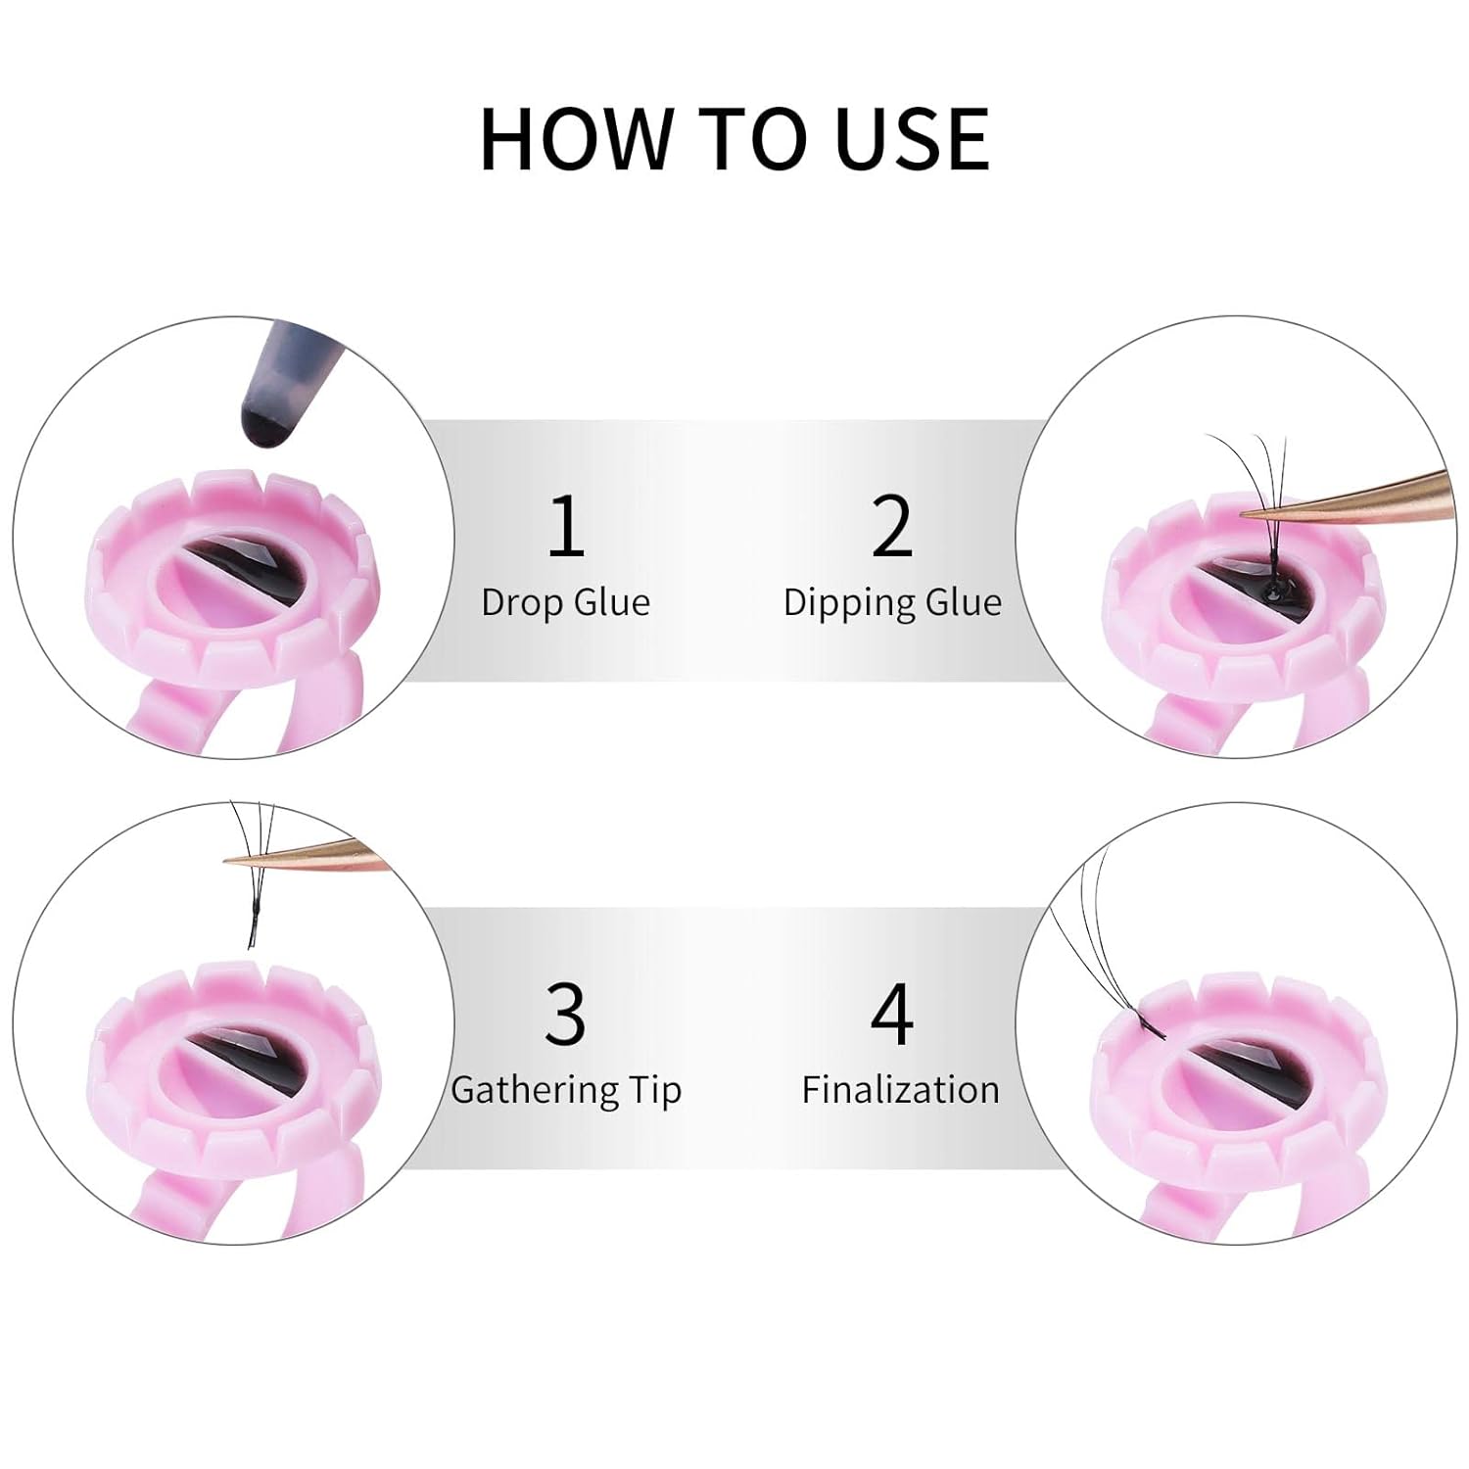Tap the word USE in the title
click(x=913, y=139)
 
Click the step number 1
click(x=566, y=526)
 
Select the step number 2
click(x=891, y=526)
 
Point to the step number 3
click(x=566, y=1014)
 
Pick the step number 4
click(x=892, y=1014)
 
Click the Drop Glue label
click(x=566, y=602)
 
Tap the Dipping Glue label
click(x=892, y=602)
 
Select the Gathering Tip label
click(x=566, y=1090)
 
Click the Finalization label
click(x=900, y=1090)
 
